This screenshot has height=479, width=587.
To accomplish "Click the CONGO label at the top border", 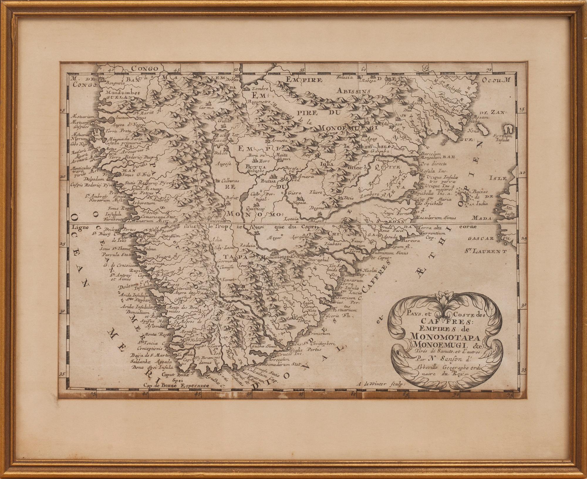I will [x=144, y=69].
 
